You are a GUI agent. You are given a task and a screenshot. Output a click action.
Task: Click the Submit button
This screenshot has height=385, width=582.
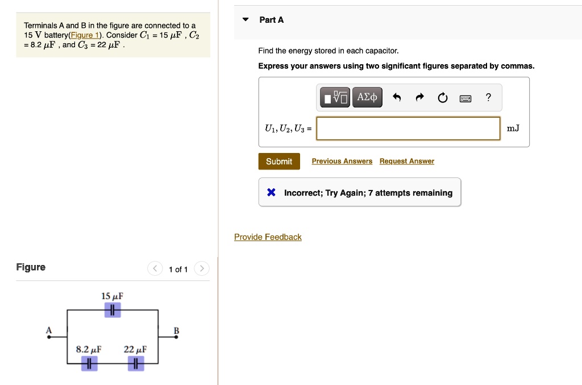pyautogui.click(x=278, y=162)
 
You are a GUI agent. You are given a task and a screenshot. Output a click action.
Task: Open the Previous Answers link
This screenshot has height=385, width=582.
pyautogui.click(x=342, y=162)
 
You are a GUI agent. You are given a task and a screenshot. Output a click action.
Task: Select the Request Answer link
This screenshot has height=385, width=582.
pyautogui.click(x=406, y=162)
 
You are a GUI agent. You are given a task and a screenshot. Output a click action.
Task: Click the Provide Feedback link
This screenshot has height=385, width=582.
pyautogui.click(x=268, y=237)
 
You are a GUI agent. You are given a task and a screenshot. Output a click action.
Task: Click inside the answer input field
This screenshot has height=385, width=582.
pyautogui.click(x=408, y=129)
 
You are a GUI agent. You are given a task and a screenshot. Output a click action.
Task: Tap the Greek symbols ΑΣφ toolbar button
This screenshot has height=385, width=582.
pyautogui.click(x=367, y=98)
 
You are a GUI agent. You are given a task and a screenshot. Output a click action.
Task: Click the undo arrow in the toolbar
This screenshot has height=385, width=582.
pyautogui.click(x=397, y=98)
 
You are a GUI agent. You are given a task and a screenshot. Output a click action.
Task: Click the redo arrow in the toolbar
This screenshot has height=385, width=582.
pyautogui.click(x=419, y=98)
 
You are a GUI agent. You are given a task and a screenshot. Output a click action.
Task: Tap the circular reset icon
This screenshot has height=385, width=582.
pyautogui.click(x=442, y=98)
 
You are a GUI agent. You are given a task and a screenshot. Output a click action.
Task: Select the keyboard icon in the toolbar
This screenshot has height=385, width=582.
pyautogui.click(x=465, y=98)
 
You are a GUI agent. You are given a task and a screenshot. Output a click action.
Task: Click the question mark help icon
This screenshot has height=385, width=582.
pyautogui.click(x=488, y=98)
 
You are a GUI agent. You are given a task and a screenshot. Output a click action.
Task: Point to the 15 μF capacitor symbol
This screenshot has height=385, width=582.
pyautogui.click(x=113, y=310)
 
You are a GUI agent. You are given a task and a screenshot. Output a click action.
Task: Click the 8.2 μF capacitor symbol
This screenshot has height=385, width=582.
pyautogui.click(x=89, y=363)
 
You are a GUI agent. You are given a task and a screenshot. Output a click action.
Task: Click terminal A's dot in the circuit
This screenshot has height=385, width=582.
pyautogui.click(x=49, y=337)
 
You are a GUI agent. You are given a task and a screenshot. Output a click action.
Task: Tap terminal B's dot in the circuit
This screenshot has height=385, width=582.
pyautogui.click(x=176, y=337)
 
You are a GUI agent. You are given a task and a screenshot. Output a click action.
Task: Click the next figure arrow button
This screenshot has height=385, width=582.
pyautogui.click(x=202, y=269)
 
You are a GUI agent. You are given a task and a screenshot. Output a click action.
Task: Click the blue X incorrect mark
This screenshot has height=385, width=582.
pyautogui.click(x=271, y=193)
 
